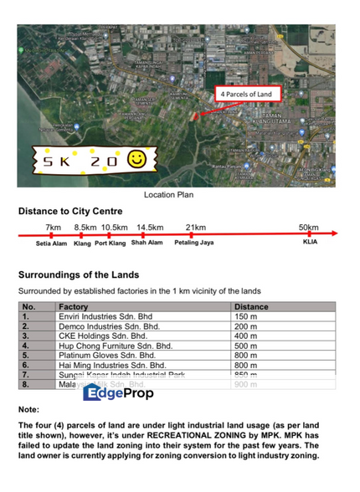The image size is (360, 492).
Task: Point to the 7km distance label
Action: pyautogui.click(x=53, y=227)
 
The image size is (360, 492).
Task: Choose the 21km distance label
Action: pyautogui.click(x=196, y=227)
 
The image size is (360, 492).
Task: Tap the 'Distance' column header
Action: pyautogui.click(x=252, y=307)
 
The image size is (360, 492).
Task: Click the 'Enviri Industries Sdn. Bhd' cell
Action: pyautogui.click(x=105, y=317)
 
